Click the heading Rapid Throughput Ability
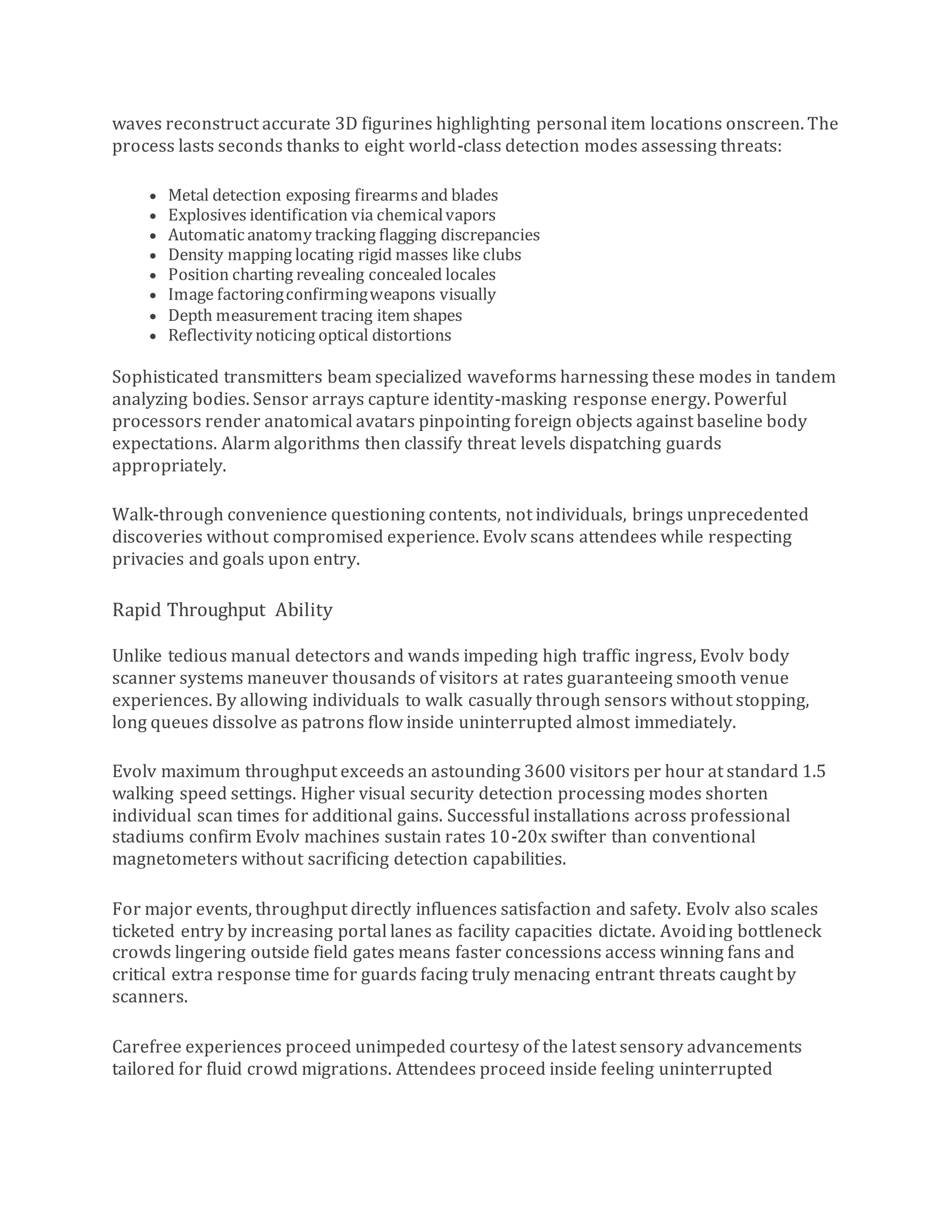tap(222, 610)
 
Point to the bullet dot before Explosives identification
tap(153, 216)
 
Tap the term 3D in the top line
tap(346, 124)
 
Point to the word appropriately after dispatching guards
tap(169, 466)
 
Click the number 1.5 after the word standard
tap(814, 771)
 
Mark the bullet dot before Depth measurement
tap(153, 316)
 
